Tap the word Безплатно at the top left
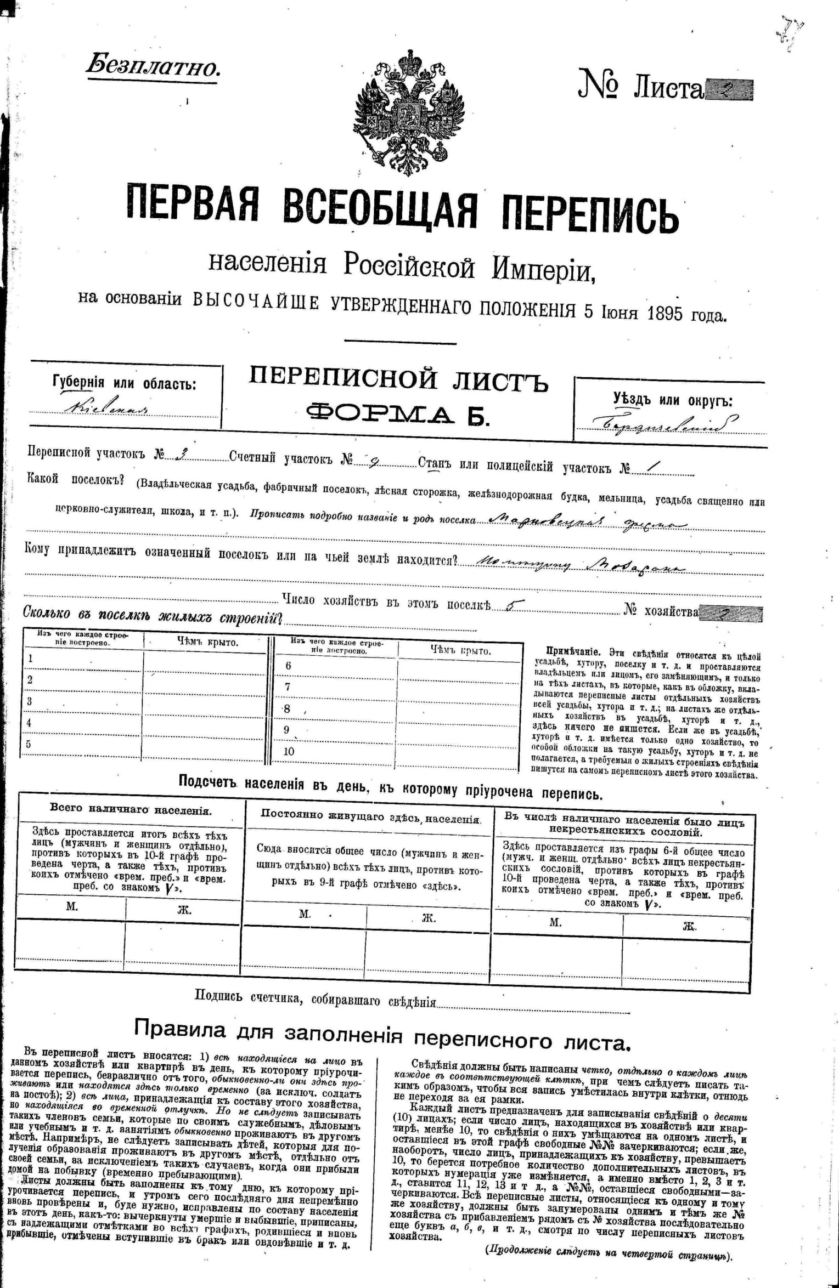[153, 67]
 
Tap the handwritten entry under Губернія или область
[106, 408]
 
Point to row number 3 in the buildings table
[30, 701]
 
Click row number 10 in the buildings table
[289, 751]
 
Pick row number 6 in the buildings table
[288, 666]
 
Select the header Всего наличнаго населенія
[131, 808]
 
